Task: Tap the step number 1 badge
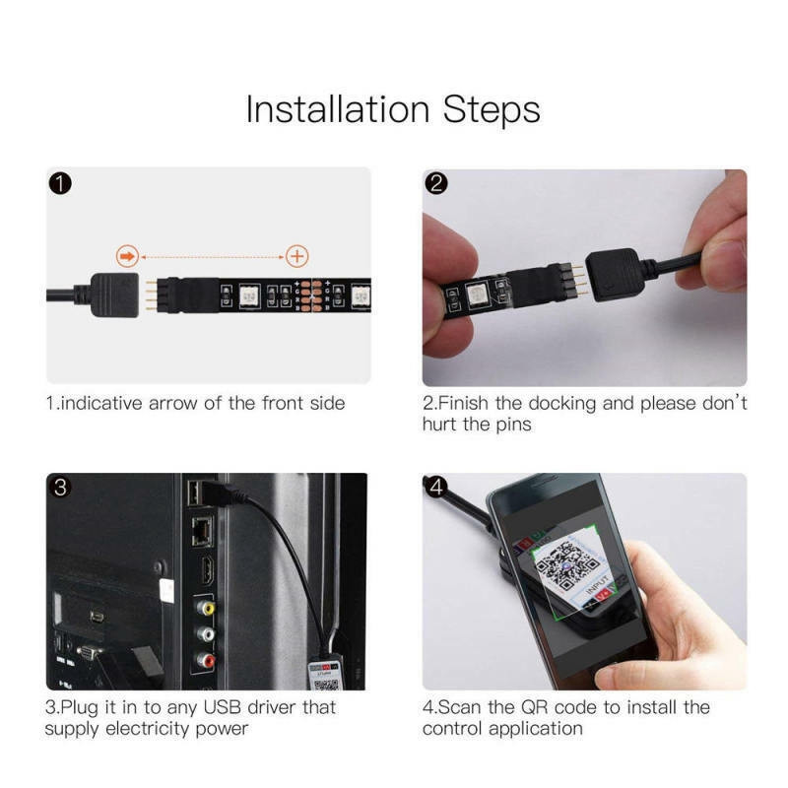pyautogui.click(x=60, y=183)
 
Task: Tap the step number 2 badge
pyautogui.click(x=436, y=183)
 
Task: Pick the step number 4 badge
pyautogui.click(x=436, y=488)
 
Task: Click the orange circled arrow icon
pyautogui.click(x=126, y=256)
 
